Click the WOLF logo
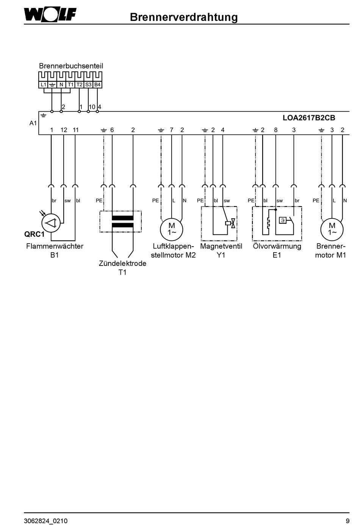tap(50, 15)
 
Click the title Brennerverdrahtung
tap(184, 17)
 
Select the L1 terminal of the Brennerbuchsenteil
tap(43, 84)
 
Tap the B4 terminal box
tap(97, 84)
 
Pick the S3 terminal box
tap(88, 84)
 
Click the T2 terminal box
tap(80, 84)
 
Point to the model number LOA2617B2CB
tap(309, 118)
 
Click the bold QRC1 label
tap(34, 234)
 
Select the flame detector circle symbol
tap(51, 223)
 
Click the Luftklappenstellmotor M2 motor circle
tap(172, 230)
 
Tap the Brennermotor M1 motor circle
tap(332, 230)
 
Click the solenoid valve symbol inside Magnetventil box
tap(230, 223)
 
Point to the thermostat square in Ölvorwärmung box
tap(283, 220)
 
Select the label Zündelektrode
tap(122, 263)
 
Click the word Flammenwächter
tap(55, 246)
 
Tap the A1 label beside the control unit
tap(33, 123)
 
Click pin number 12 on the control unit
tap(64, 130)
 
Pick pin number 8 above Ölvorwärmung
tap(275, 130)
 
